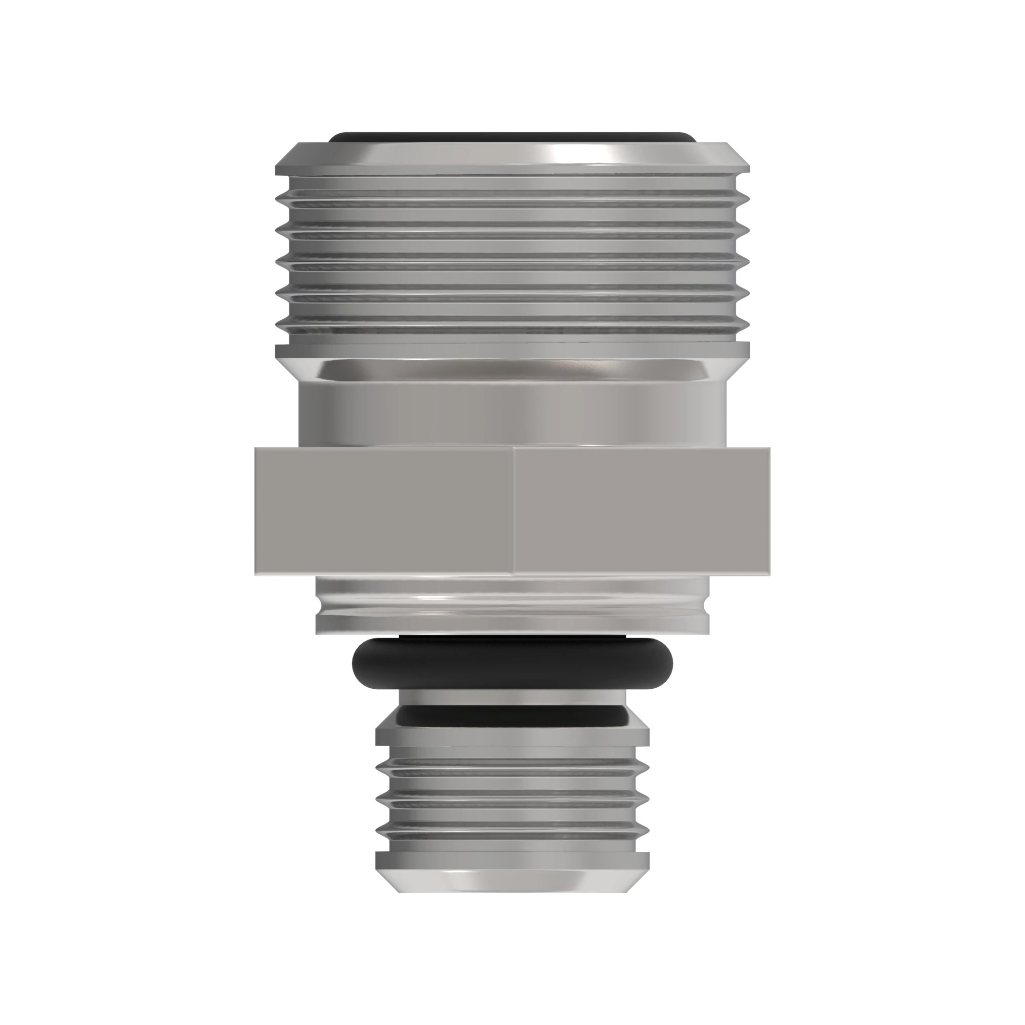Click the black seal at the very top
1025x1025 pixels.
(x=512, y=137)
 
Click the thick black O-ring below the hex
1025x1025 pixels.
(x=512, y=663)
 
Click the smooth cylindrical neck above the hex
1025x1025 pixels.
(x=512, y=417)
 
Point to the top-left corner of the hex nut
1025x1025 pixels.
(x=256, y=449)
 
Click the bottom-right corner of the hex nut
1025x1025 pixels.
(x=769, y=574)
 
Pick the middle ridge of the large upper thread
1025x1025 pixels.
(x=512, y=260)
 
